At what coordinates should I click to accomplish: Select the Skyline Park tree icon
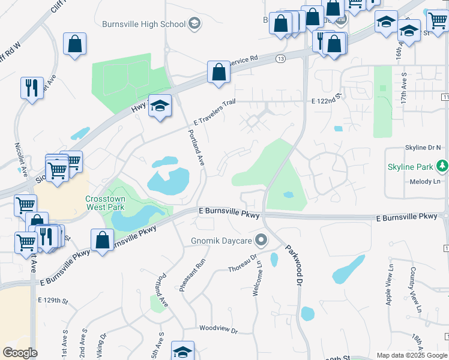pos(442,164)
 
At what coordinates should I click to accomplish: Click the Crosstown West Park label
pos(105,203)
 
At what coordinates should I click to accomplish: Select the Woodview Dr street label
pos(218,329)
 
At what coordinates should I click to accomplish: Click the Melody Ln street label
pos(425,181)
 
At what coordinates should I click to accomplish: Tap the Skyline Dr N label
pos(423,148)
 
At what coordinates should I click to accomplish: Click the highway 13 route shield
pos(280,58)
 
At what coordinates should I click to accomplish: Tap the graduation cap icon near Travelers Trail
pos(160,106)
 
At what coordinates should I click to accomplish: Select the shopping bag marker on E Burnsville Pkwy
pos(102,241)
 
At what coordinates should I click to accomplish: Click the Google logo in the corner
pos(20,352)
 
